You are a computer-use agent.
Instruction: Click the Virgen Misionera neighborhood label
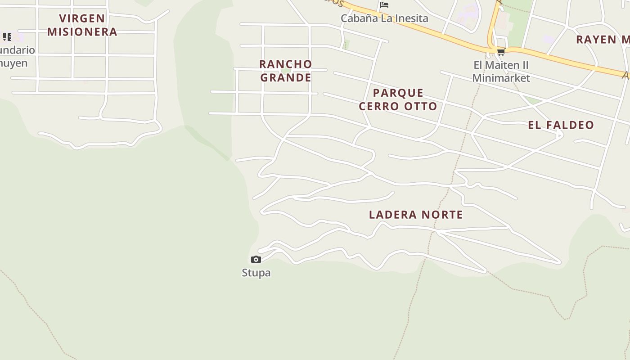pos(82,25)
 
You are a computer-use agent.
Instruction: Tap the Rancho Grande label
pos(286,71)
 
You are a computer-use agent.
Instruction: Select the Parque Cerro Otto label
pos(398,99)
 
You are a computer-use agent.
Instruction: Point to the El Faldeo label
pos(561,125)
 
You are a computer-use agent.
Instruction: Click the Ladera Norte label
pos(416,215)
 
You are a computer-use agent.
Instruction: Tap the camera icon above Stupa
pos(256,259)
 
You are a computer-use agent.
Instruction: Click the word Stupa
pos(256,273)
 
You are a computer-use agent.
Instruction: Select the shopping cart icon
pos(501,52)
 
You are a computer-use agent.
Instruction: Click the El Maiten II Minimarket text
pos(501,72)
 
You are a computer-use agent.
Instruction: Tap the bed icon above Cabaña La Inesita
pos(384,5)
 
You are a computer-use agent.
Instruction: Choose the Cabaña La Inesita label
pos(384,18)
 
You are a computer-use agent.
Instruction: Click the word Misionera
pos(82,32)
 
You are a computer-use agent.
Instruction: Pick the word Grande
pos(286,77)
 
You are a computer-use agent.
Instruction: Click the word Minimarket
pos(501,78)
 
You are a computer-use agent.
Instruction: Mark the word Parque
pos(398,93)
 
